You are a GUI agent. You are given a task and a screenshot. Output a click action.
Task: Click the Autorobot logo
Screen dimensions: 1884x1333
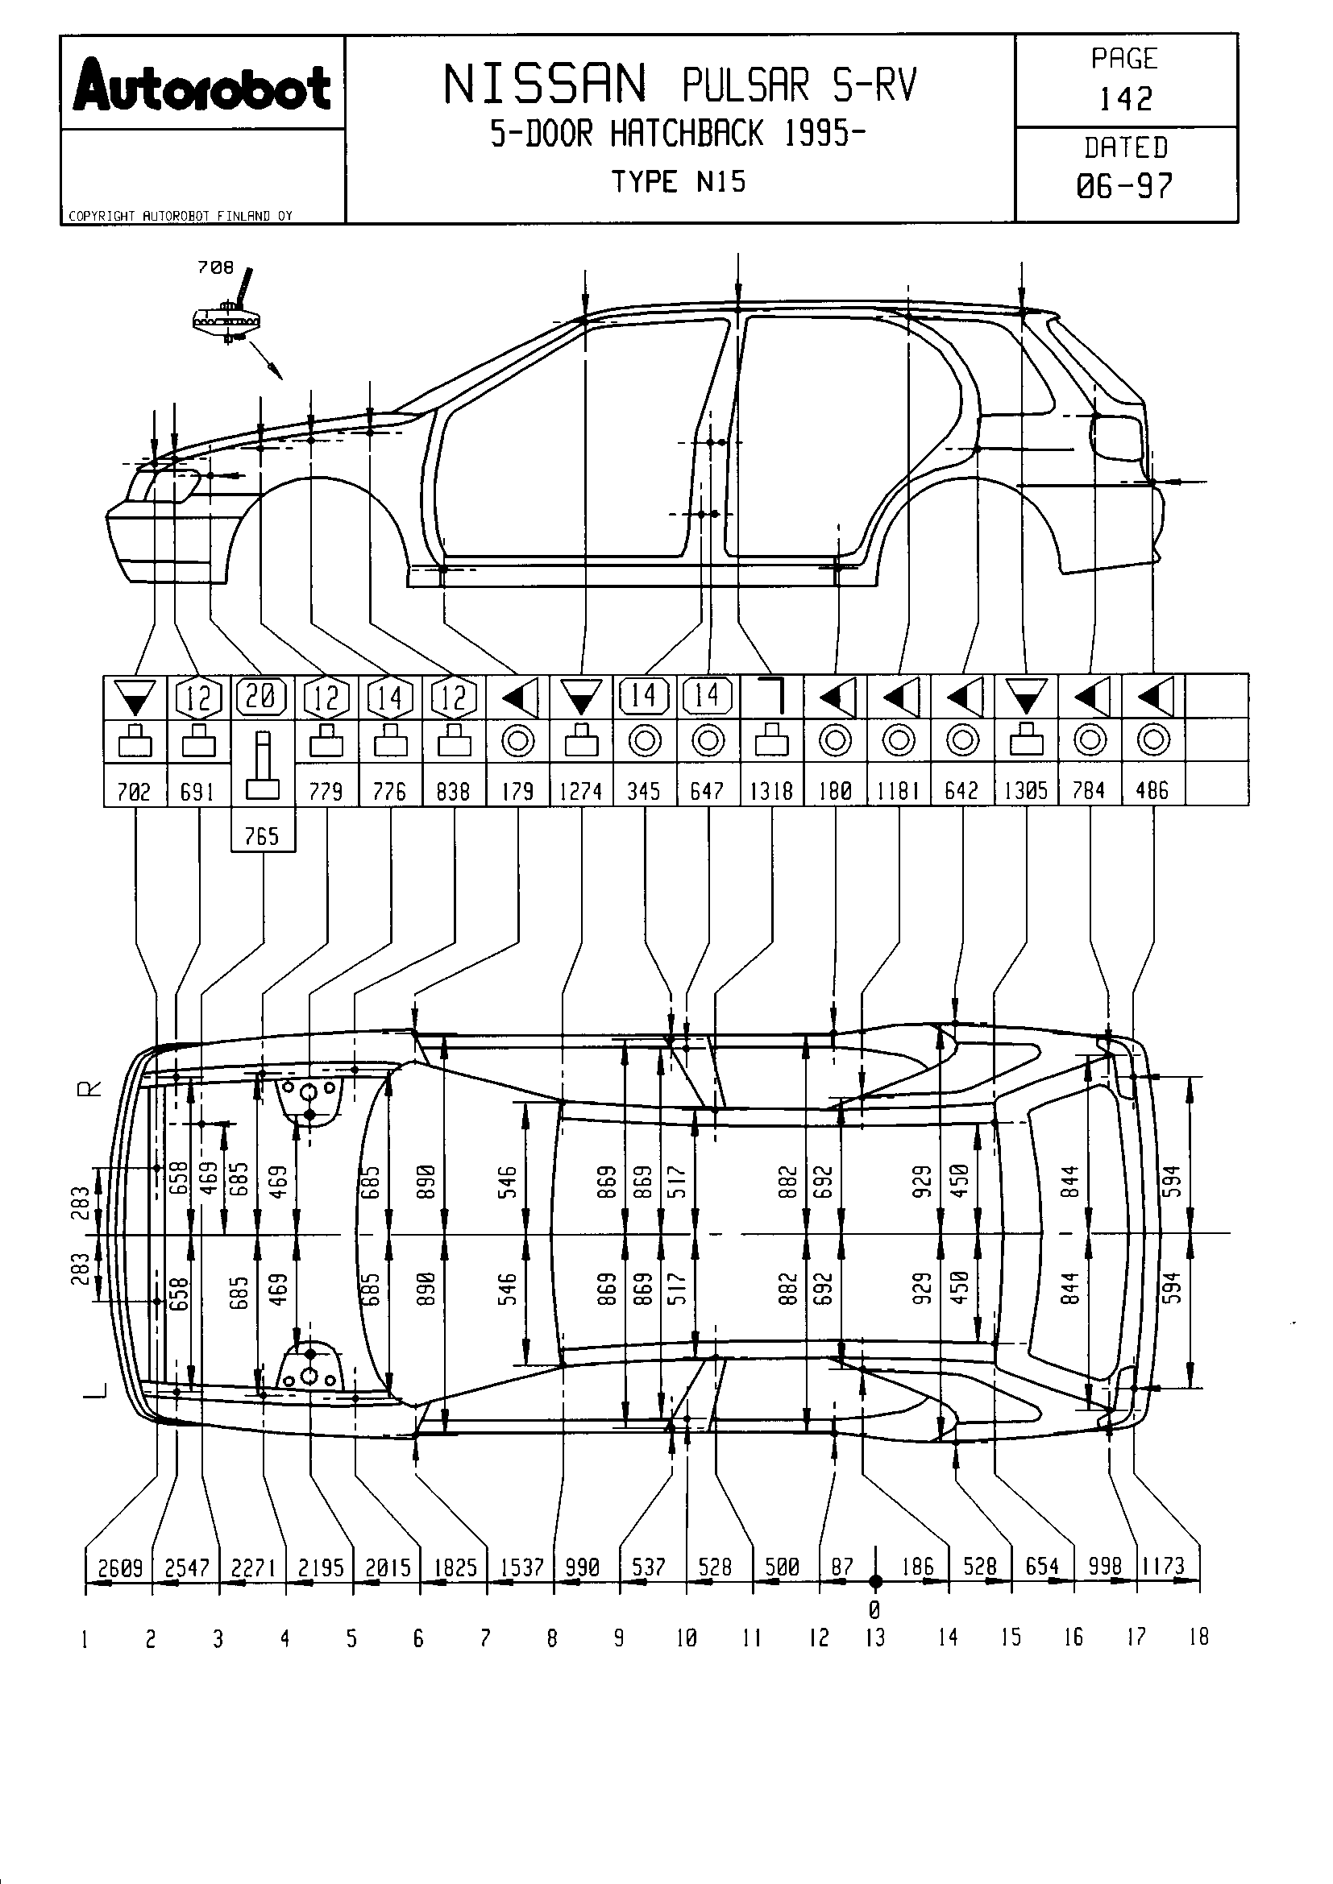[202, 85]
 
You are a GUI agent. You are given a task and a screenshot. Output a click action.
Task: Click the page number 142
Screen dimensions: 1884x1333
[1125, 99]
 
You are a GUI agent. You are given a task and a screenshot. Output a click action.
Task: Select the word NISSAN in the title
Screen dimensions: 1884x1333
[546, 85]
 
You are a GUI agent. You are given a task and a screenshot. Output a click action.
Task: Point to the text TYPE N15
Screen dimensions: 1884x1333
[678, 181]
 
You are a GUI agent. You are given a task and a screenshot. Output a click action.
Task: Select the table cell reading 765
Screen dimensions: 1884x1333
[263, 835]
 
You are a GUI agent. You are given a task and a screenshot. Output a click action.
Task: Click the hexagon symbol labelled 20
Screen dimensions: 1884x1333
[262, 697]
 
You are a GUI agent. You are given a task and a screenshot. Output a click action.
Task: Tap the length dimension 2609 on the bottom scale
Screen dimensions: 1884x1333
[120, 1568]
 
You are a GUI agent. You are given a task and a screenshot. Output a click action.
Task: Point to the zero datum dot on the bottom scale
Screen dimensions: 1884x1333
[876, 1581]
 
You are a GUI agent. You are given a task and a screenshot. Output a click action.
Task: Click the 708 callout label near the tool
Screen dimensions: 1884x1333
[215, 267]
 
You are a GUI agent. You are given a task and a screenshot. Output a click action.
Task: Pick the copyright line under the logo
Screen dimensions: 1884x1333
[180, 216]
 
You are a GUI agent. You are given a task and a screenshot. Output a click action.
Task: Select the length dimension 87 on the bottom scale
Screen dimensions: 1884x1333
[843, 1567]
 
